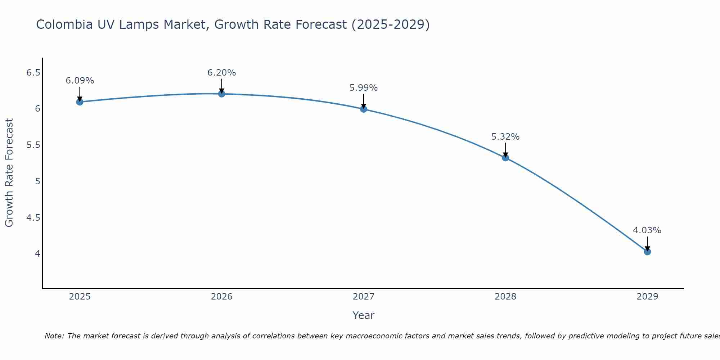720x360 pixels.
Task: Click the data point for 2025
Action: tap(80, 102)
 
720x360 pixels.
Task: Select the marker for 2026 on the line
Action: tap(221, 94)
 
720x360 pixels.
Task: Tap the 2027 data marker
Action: tap(363, 109)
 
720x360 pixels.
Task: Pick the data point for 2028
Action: tap(505, 158)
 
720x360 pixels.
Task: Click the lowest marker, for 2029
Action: tap(647, 252)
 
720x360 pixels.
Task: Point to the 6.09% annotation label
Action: tap(80, 81)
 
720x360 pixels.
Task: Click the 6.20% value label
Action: tap(221, 73)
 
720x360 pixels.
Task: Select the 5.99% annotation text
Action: tap(363, 88)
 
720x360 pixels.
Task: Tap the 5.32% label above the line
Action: tap(505, 137)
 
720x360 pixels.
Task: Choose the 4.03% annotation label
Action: tap(647, 230)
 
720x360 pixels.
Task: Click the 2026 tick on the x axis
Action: tap(221, 297)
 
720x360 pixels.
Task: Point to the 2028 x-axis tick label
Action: tap(505, 297)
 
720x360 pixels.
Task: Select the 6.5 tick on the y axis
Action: tap(33, 73)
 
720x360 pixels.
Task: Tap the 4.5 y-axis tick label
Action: tap(33, 217)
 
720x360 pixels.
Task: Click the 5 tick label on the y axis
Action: tap(37, 181)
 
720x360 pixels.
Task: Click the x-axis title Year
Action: tap(363, 315)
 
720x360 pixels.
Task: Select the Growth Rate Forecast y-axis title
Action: tap(9, 173)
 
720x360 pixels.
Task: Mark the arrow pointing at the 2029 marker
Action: tap(647, 244)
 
